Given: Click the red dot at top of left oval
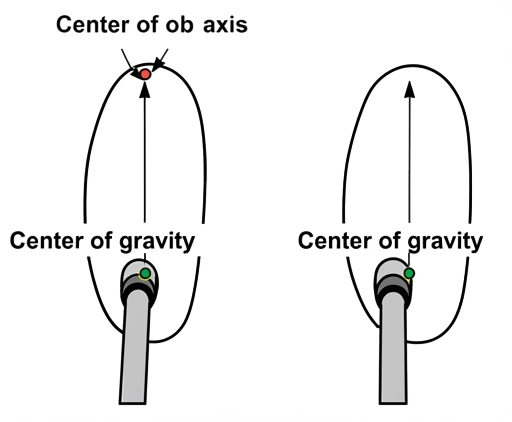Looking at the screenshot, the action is [145, 74].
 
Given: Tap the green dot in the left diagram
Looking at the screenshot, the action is [145, 273].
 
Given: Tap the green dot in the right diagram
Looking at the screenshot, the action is [409, 273].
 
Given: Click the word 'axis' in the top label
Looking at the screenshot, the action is [225, 25].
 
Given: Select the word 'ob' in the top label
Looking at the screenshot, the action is [180, 25].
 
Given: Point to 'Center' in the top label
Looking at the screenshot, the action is [93, 25].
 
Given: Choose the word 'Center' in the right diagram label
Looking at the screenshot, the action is [335, 240].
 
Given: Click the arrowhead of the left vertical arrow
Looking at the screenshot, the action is [145, 89].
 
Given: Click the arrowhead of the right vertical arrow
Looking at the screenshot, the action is [409, 89].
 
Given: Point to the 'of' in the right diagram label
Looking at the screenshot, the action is [390, 240].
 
